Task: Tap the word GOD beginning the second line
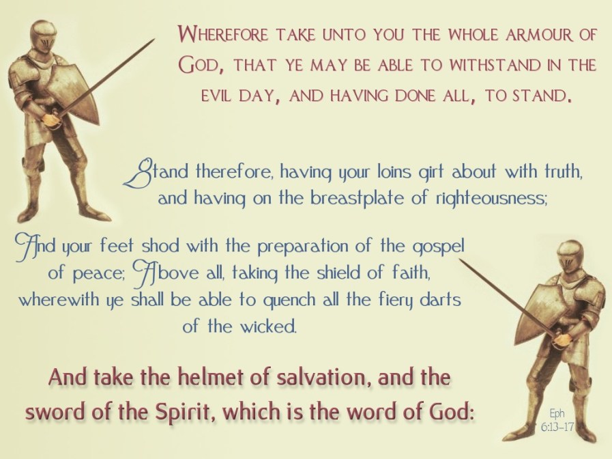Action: (x=199, y=66)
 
